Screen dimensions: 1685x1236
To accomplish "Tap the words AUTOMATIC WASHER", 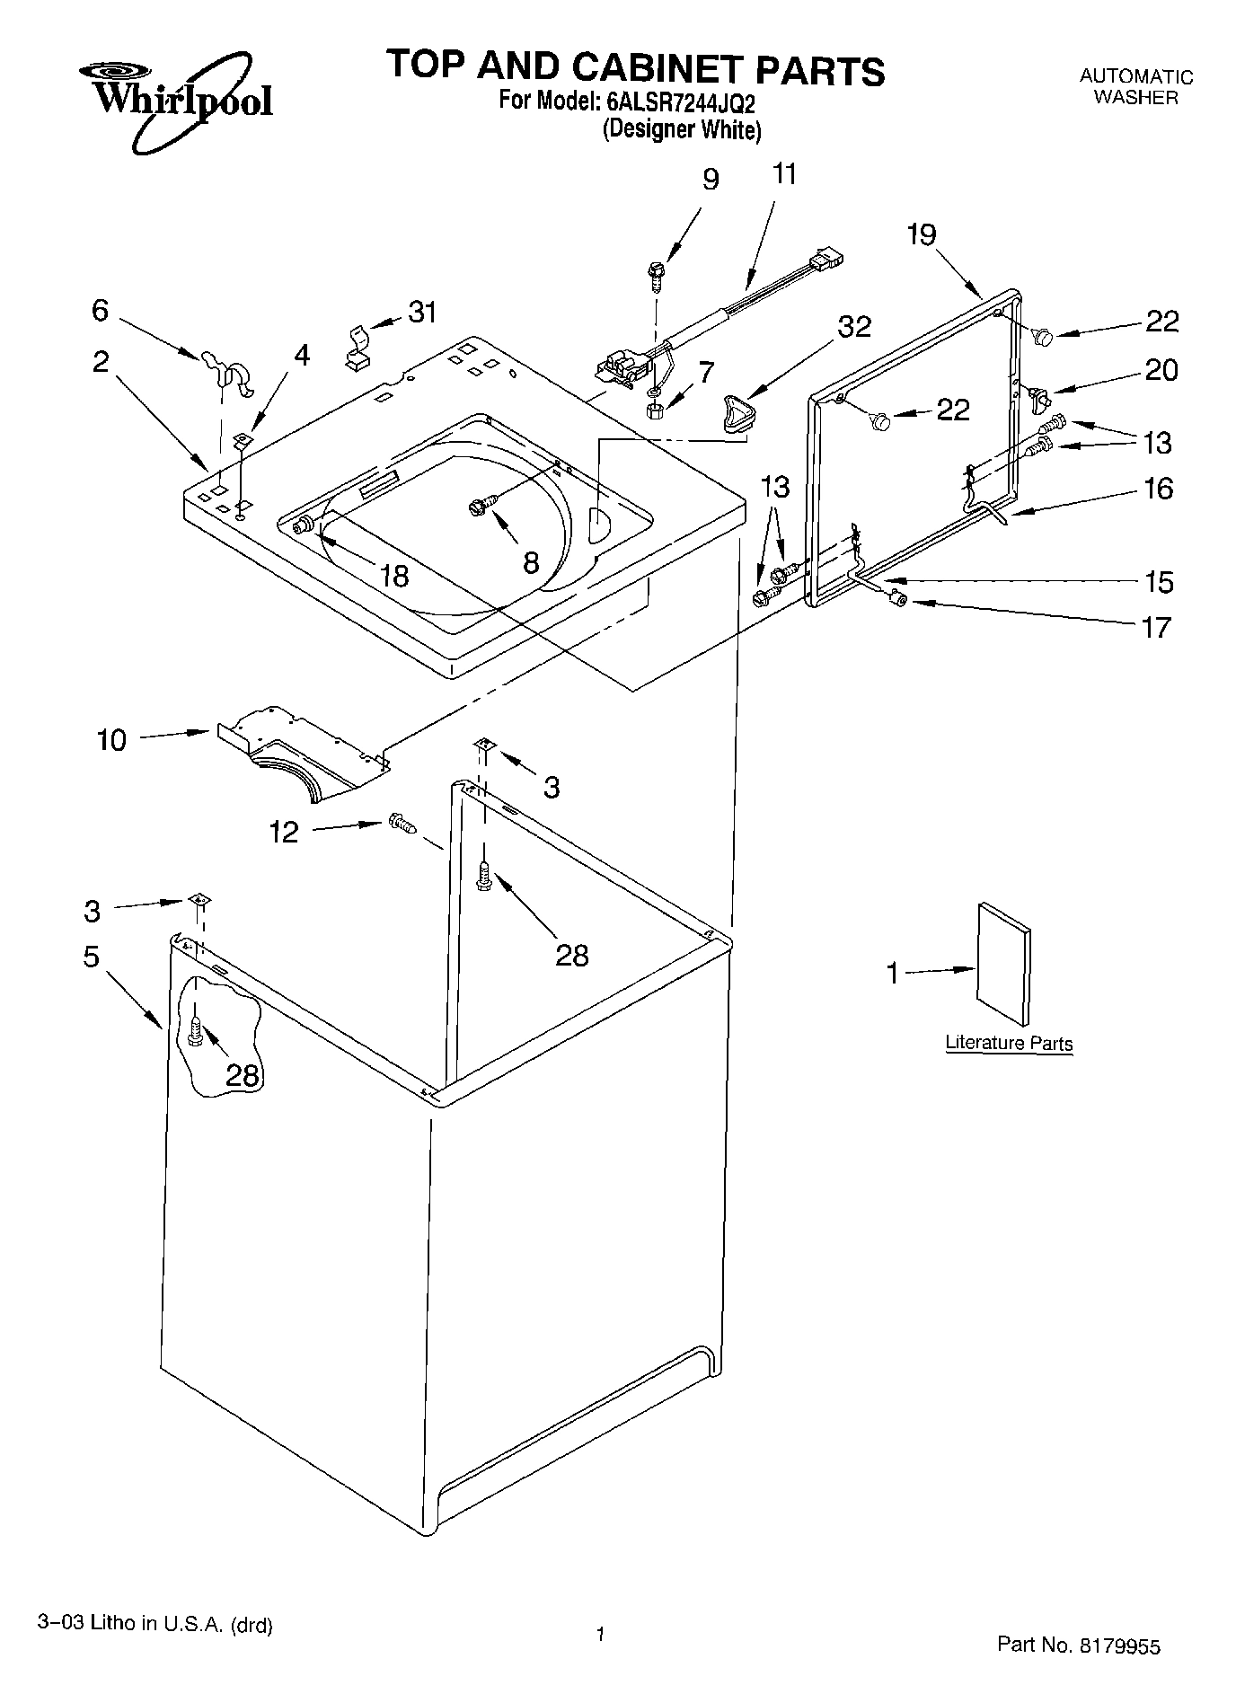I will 1135,87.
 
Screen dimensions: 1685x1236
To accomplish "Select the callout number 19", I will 921,235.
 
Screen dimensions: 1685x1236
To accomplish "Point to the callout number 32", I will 853,327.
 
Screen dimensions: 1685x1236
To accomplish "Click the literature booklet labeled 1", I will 1003,963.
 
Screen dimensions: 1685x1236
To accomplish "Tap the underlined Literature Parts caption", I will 1009,1044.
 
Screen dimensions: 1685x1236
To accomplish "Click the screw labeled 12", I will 401,823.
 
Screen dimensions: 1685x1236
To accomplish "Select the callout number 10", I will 111,741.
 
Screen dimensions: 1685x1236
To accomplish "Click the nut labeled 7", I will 655,410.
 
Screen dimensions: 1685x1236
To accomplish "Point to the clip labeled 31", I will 358,347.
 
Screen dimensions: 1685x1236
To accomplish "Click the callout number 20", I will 1161,370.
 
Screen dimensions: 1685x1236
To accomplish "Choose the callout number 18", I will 394,575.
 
